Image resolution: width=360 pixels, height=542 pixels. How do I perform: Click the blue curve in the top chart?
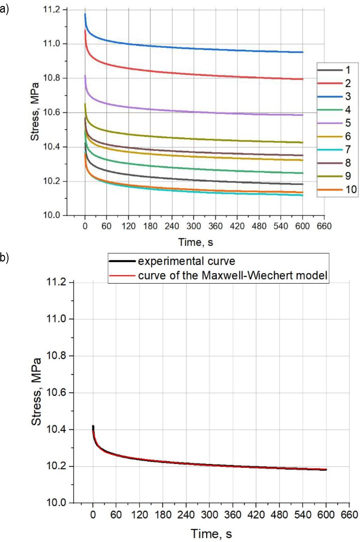pos(193,48)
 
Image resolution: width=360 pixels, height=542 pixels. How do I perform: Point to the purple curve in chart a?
pos(193,112)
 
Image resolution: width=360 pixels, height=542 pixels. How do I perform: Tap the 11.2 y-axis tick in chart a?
pos(51,9)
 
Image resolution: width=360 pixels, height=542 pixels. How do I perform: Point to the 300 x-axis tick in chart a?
pos(194,226)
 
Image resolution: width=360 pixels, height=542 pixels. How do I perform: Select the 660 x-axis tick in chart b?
pos(349,515)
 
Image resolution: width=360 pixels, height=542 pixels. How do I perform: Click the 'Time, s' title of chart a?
pos(195,242)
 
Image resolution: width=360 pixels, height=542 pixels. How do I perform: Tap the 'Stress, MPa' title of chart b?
pos(36,392)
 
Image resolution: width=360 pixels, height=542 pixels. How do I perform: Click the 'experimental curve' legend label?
pos(186,261)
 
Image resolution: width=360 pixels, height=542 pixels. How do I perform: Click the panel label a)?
pos(4,9)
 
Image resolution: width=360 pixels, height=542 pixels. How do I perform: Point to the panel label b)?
pos(4,258)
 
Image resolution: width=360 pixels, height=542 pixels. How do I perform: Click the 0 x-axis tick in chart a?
pos(85,226)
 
